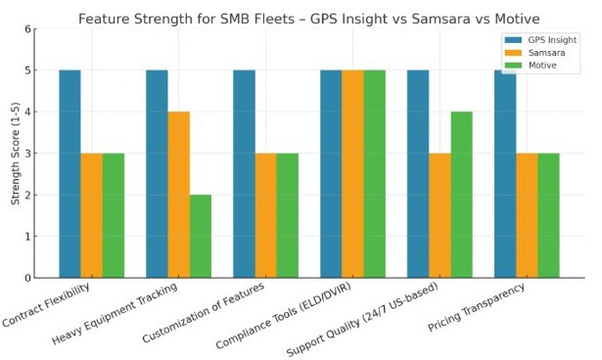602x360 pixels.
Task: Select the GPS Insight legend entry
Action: [x=536, y=38]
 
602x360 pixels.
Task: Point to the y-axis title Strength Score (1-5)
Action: [x=17, y=154]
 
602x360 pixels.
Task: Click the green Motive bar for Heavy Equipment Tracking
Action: [x=200, y=236]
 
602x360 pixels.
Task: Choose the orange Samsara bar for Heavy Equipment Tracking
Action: [x=178, y=195]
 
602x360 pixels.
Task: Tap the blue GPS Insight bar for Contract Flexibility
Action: [x=69, y=174]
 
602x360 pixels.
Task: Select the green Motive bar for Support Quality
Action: [x=461, y=195]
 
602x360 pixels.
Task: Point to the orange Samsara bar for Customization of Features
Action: [x=265, y=215]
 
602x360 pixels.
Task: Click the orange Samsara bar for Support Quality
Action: [x=440, y=215]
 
